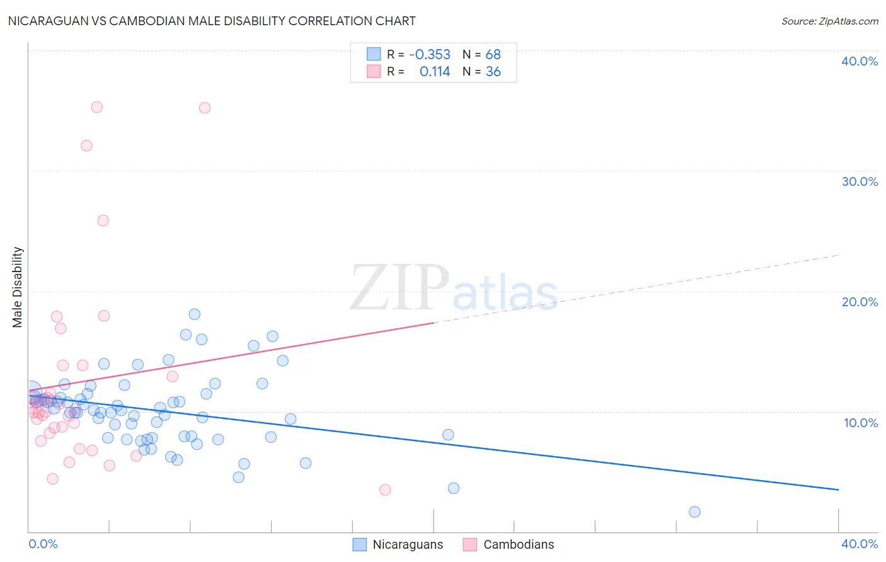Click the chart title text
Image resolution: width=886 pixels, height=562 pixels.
[212, 21]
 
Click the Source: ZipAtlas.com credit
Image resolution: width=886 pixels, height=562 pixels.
[829, 21]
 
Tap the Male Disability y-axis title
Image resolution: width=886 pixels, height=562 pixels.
[18, 287]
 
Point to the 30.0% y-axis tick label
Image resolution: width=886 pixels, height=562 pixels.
[860, 181]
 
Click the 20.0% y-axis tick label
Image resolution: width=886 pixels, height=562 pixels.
[860, 302]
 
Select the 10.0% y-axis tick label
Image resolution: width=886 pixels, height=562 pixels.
[861, 423]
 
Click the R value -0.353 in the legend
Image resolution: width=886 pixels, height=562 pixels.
[430, 55]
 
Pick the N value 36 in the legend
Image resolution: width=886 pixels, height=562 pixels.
[493, 72]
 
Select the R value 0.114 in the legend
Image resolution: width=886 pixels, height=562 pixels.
[435, 72]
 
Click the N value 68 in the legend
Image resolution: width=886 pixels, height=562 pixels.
[493, 55]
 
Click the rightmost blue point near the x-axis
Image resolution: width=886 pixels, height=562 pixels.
[694, 512]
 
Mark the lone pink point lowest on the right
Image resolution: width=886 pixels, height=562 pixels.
[385, 490]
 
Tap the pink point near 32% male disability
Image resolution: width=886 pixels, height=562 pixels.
[86, 146]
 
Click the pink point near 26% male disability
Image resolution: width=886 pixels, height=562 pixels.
[103, 221]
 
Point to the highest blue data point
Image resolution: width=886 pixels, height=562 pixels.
[195, 314]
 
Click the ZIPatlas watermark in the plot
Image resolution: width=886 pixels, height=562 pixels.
[454, 289]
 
